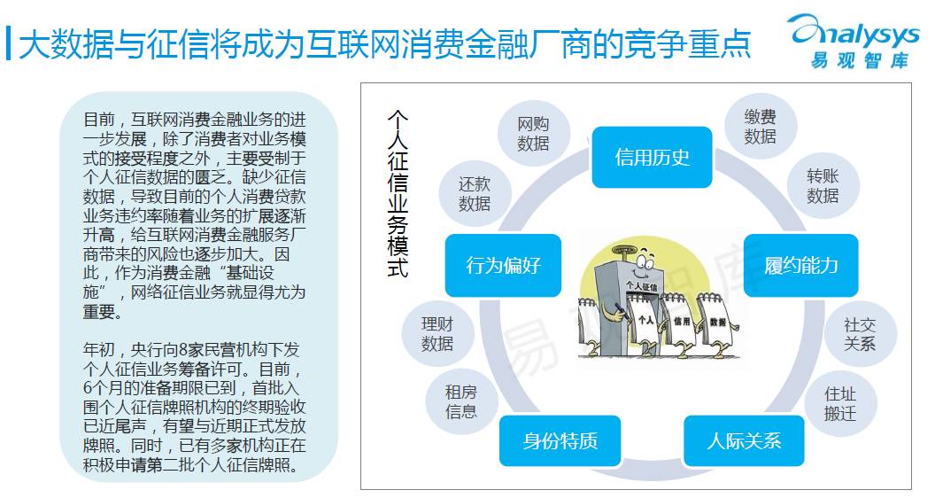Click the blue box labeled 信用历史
[652, 158]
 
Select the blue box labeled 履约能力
[801, 264]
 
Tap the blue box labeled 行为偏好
[503, 264]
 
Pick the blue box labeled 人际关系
[744, 440]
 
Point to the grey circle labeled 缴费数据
[760, 127]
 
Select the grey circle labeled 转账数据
[822, 186]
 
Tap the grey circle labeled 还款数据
[474, 194]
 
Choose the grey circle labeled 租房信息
[460, 401]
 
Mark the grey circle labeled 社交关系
[858, 334]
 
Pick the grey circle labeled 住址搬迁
[839, 403]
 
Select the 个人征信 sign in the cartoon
[645, 285]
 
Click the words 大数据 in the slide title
[51, 42]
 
